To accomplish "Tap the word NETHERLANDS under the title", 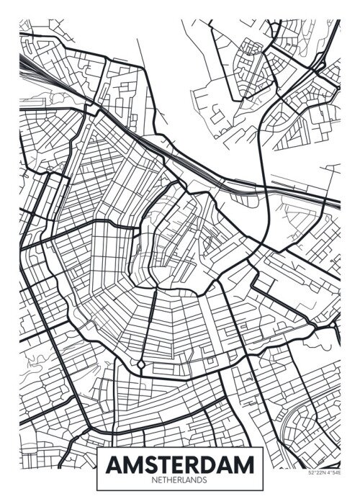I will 180,479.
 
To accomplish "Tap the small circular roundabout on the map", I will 141,365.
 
